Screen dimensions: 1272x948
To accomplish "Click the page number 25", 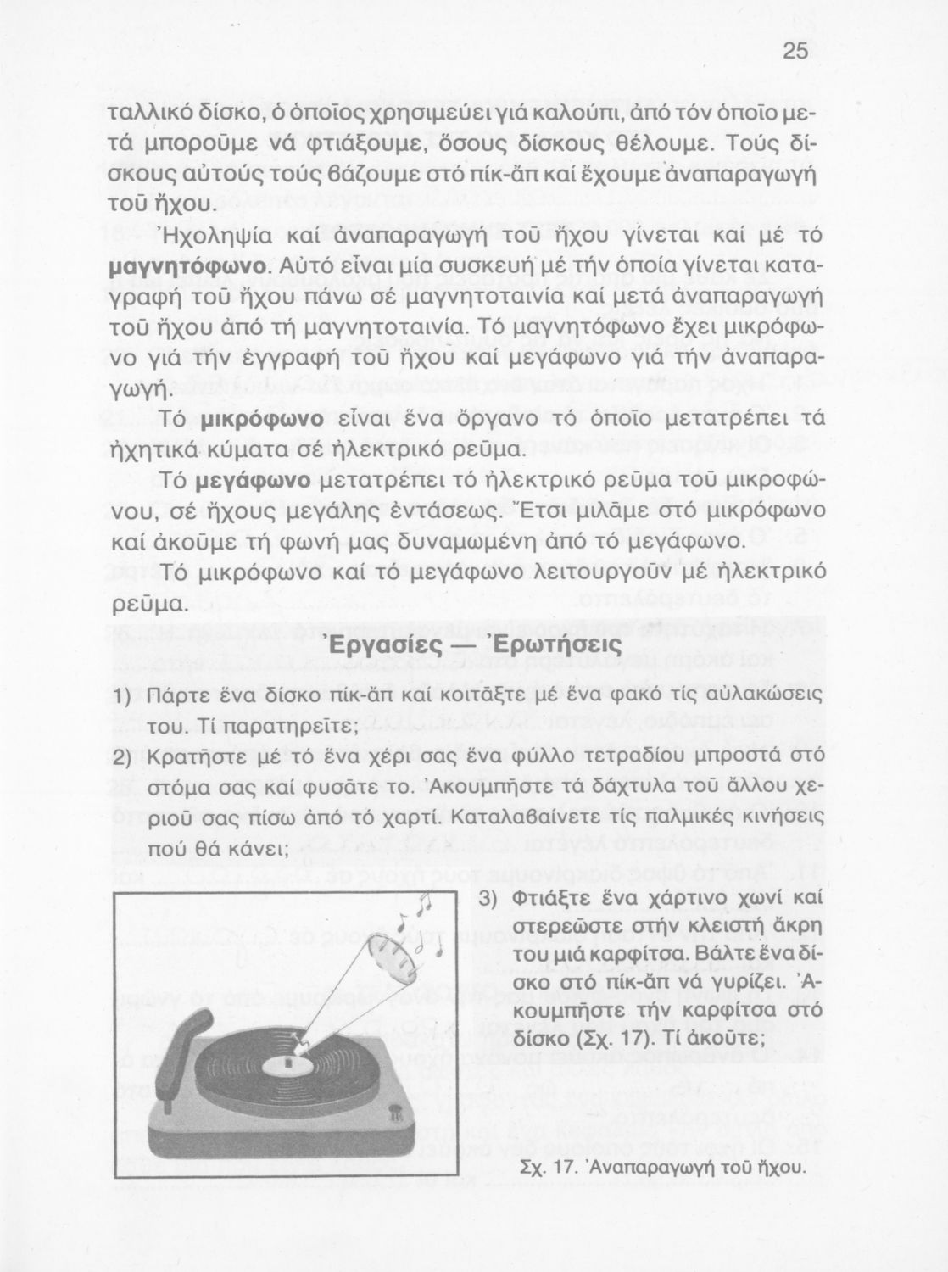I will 795,52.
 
